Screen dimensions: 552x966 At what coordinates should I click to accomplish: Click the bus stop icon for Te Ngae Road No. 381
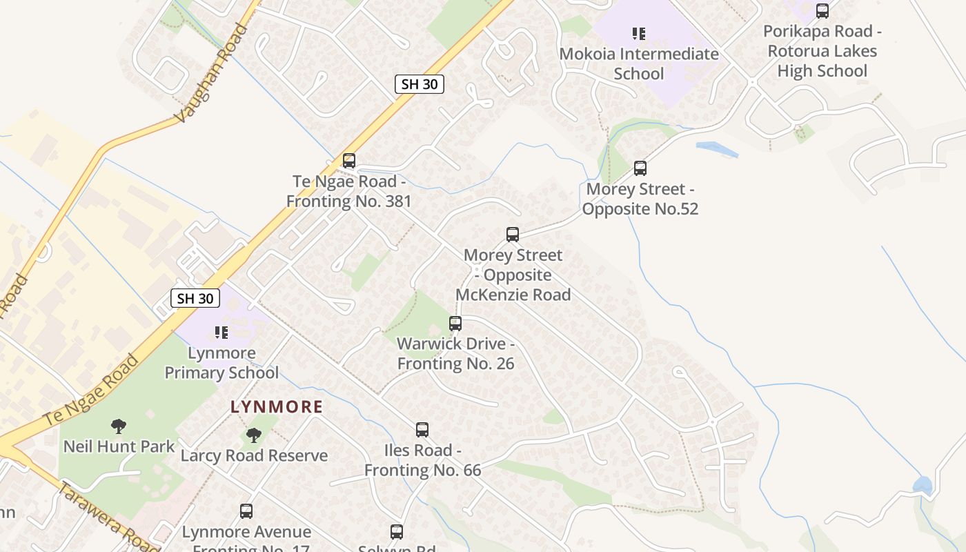[349, 161]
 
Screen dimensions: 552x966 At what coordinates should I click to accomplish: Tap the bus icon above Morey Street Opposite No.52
[640, 168]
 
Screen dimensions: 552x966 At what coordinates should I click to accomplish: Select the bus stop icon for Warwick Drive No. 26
[455, 323]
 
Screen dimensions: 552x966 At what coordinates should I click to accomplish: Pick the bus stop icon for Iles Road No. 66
[422, 430]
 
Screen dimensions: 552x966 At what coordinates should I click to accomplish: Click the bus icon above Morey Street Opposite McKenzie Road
[513, 235]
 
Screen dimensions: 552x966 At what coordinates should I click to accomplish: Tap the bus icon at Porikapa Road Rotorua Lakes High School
[822, 11]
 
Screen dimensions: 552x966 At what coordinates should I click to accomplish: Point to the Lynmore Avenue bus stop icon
[246, 511]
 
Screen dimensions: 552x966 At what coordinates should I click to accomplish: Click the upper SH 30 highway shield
[420, 84]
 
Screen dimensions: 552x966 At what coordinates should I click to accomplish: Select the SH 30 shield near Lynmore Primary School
[195, 298]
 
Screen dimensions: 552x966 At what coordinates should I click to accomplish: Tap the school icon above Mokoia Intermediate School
[639, 33]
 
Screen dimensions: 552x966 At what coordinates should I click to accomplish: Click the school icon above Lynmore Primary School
[221, 333]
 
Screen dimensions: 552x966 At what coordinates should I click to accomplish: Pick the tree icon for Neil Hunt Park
[119, 426]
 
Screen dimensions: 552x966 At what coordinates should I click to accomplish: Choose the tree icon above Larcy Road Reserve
[254, 435]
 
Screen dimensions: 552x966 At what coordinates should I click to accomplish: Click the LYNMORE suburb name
[277, 407]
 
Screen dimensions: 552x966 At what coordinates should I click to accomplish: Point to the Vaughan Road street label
[210, 75]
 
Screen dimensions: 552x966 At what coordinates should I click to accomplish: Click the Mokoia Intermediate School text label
[639, 63]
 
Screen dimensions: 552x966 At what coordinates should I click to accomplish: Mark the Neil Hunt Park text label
[119, 446]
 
